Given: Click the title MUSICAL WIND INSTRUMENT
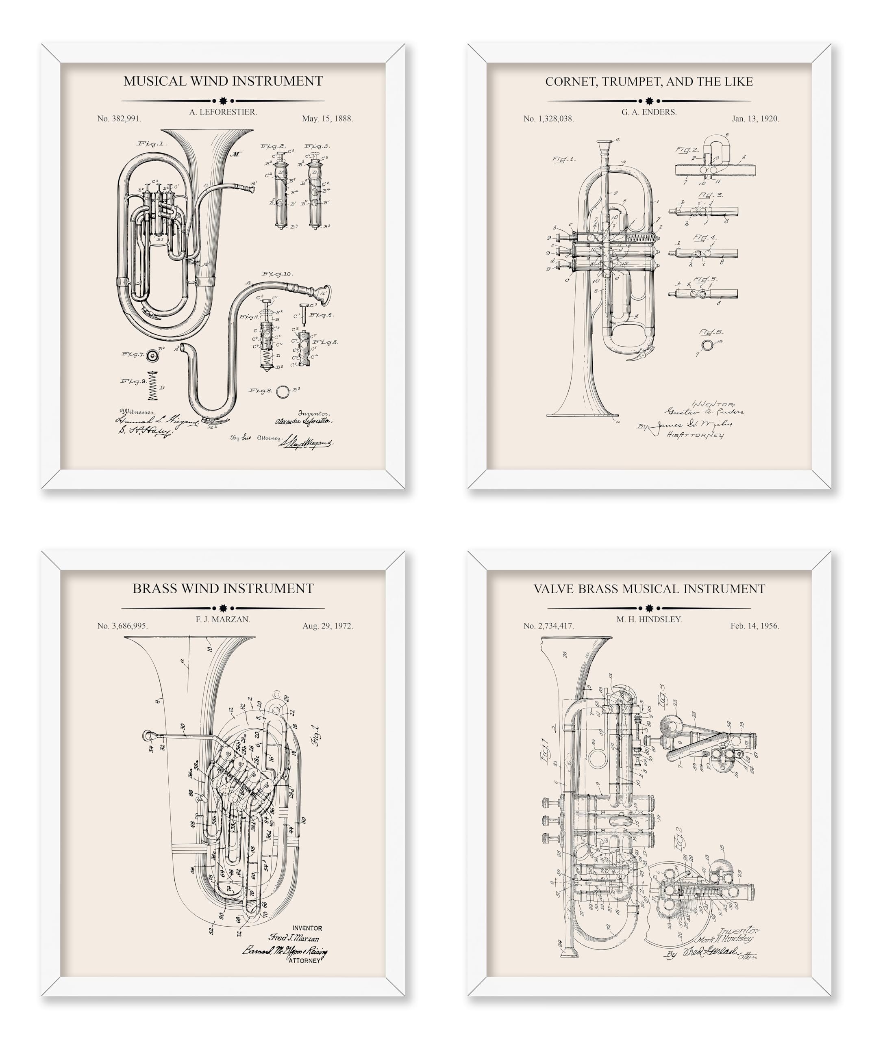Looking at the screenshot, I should pyautogui.click(x=223, y=81).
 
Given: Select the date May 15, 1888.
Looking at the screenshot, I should pyautogui.click(x=328, y=119).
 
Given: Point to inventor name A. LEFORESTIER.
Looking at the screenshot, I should pyautogui.click(x=223, y=113).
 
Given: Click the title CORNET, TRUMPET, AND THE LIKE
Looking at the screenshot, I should pyautogui.click(x=649, y=82).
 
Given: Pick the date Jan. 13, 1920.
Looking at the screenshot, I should pyautogui.click(x=755, y=119).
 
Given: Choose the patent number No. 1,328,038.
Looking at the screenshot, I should pyautogui.click(x=548, y=119).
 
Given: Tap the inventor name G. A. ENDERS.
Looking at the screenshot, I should pyautogui.click(x=649, y=113).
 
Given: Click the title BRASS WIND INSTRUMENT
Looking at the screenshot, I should pyautogui.click(x=223, y=588).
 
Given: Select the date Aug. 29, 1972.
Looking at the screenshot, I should pyautogui.click(x=328, y=626).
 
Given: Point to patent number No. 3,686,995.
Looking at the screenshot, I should pyautogui.click(x=122, y=626).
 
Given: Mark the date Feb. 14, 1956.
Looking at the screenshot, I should pyautogui.click(x=755, y=626).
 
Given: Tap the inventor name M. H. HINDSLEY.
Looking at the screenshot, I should pyautogui.click(x=649, y=620).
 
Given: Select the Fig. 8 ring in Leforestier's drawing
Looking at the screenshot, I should pyautogui.click(x=283, y=391).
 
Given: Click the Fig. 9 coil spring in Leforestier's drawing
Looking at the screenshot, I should pyautogui.click(x=153, y=385).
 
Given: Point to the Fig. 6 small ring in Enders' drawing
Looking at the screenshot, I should pyautogui.click(x=707, y=344).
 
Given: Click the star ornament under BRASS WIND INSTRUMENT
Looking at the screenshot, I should pyautogui.click(x=223, y=608).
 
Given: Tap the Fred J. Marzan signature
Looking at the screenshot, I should pyautogui.click(x=294, y=938).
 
